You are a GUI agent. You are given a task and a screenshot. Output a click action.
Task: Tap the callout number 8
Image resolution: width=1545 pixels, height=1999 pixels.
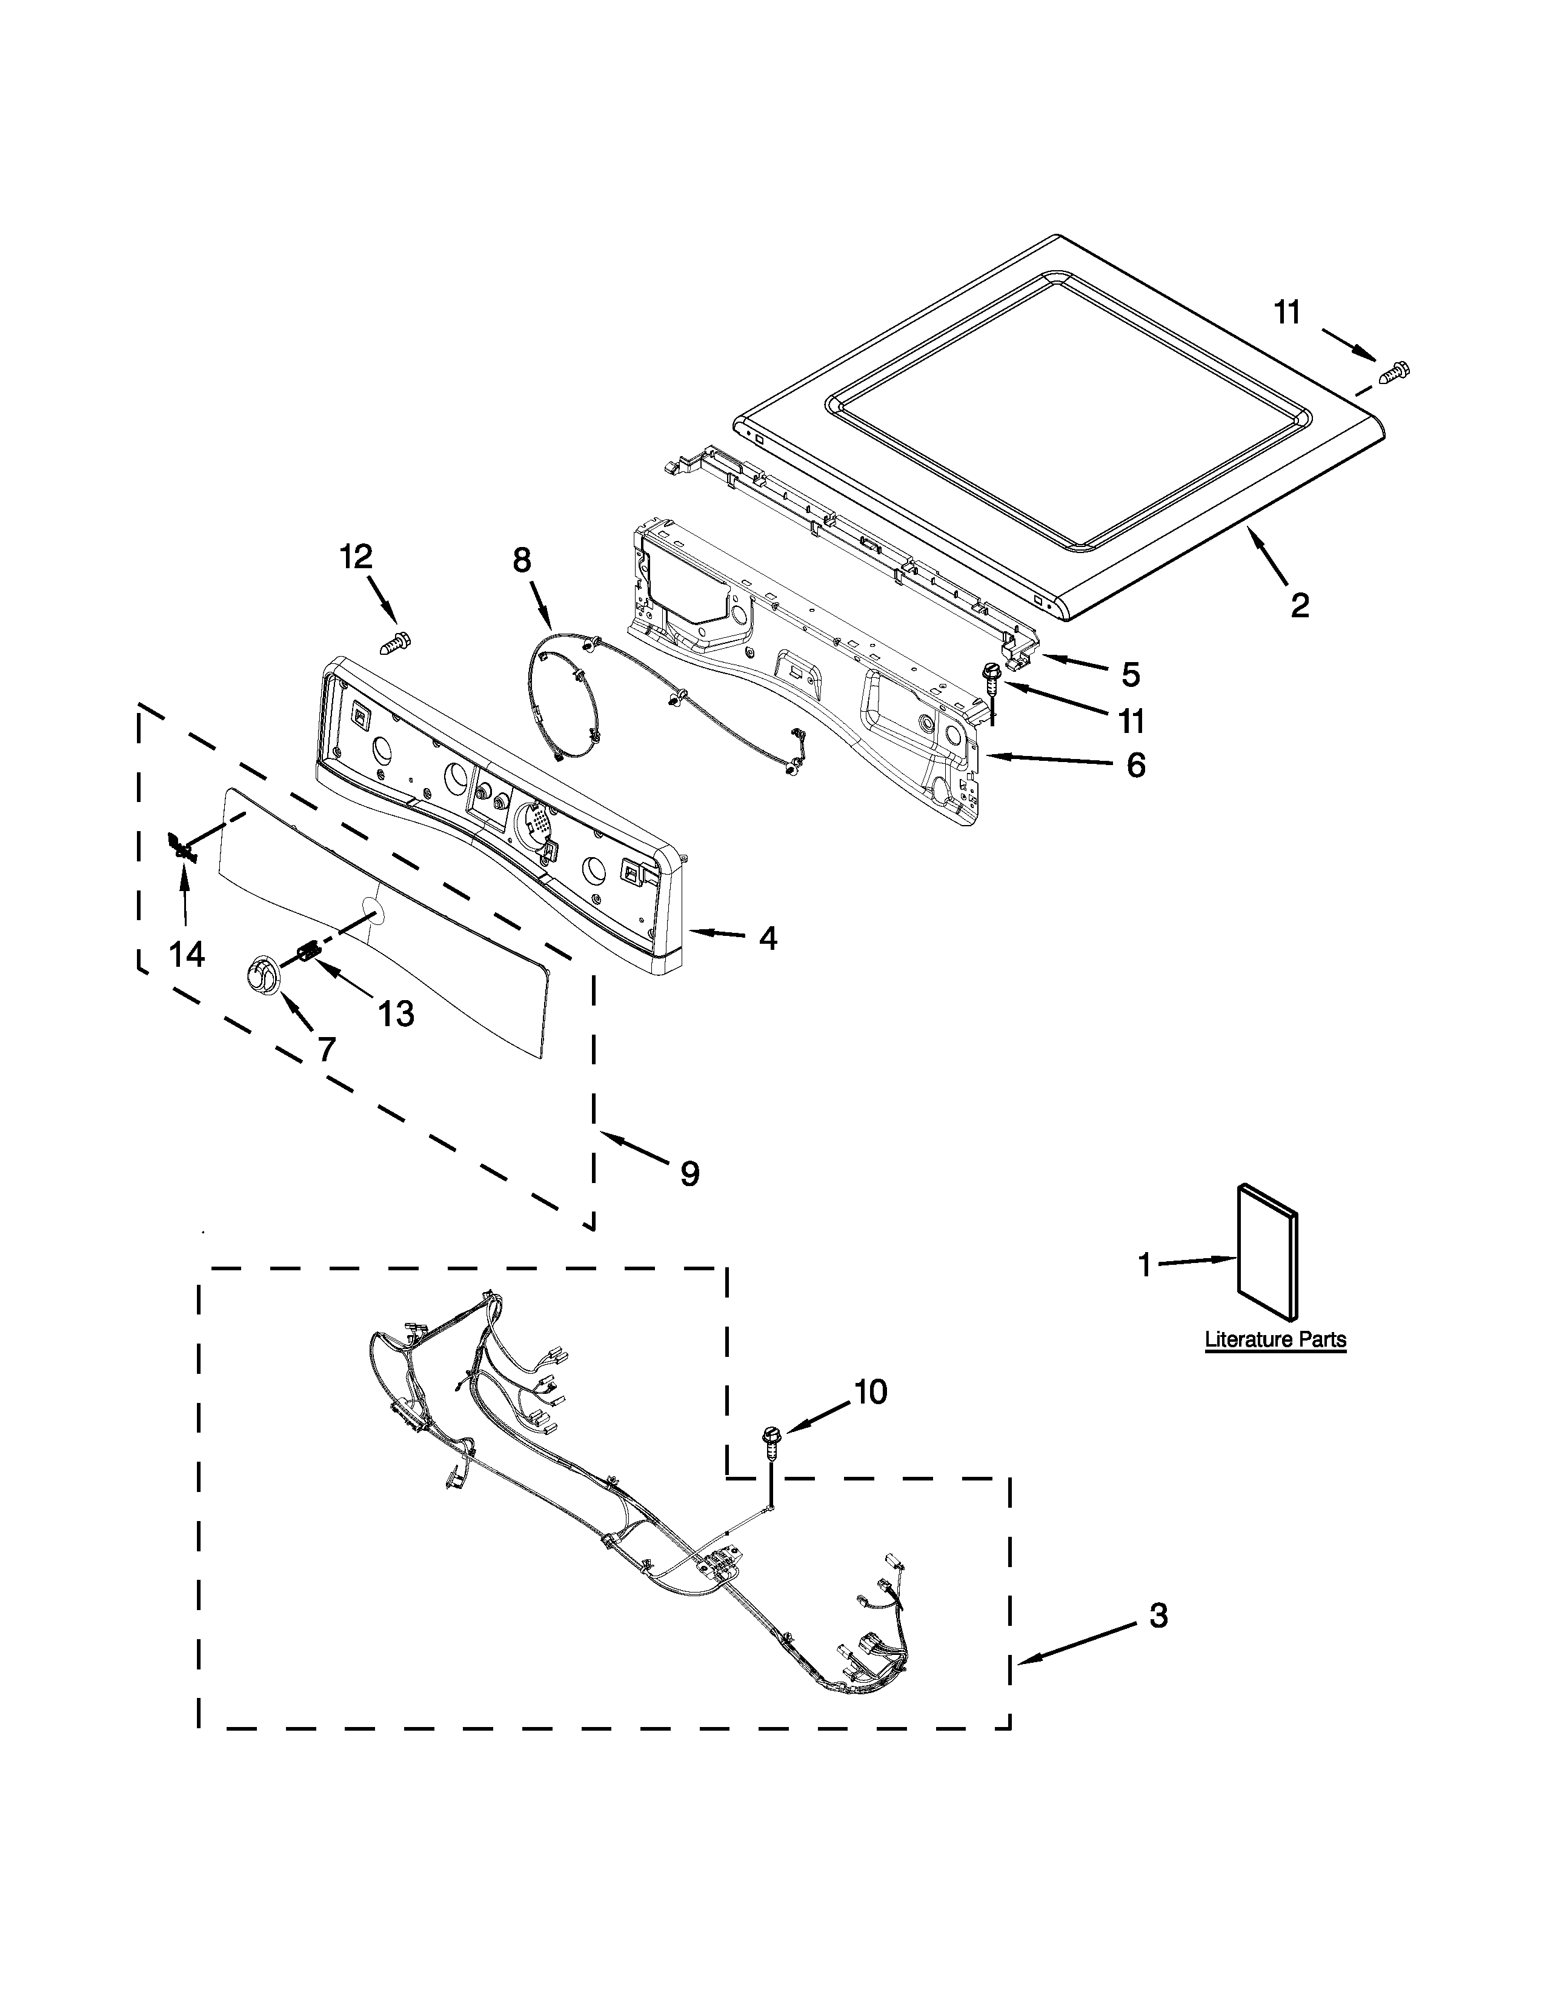click(x=522, y=560)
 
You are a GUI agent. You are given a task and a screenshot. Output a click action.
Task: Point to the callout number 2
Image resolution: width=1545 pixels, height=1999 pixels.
click(x=1300, y=605)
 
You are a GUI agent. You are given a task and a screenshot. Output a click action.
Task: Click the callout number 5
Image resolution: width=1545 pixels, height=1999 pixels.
click(x=1131, y=675)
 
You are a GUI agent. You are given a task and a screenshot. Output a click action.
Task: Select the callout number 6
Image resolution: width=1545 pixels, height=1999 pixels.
click(x=1135, y=764)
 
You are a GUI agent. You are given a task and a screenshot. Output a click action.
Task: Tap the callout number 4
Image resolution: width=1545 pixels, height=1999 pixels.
click(x=768, y=937)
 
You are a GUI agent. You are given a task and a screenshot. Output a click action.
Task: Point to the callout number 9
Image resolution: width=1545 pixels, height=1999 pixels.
click(x=689, y=1173)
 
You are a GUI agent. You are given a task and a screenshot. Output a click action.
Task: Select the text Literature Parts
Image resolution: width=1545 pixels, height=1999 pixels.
click(x=1275, y=1340)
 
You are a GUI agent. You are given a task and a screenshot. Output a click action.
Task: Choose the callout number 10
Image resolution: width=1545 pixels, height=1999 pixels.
click(x=871, y=1392)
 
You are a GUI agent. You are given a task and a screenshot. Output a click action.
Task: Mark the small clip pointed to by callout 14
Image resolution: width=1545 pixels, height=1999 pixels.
click(x=182, y=847)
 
